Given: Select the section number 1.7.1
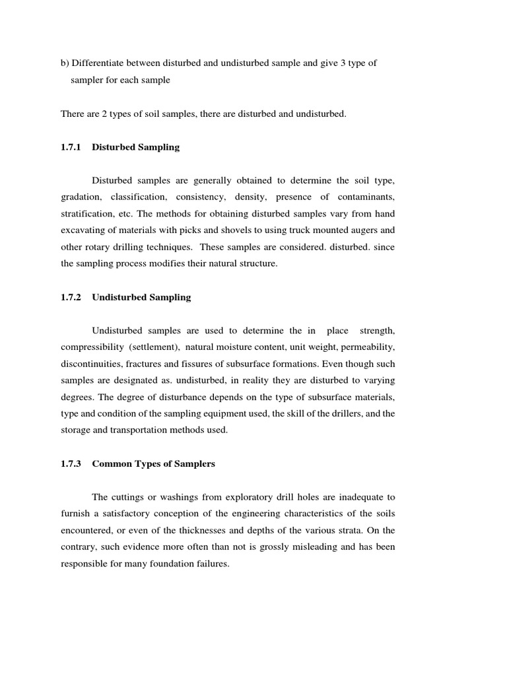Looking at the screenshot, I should tap(71, 147).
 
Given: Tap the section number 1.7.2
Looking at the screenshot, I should tap(71, 297).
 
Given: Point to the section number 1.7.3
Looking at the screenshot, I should tap(71, 464).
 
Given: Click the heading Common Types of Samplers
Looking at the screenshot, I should tap(154, 464).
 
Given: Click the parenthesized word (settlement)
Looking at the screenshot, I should tap(154, 347).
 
